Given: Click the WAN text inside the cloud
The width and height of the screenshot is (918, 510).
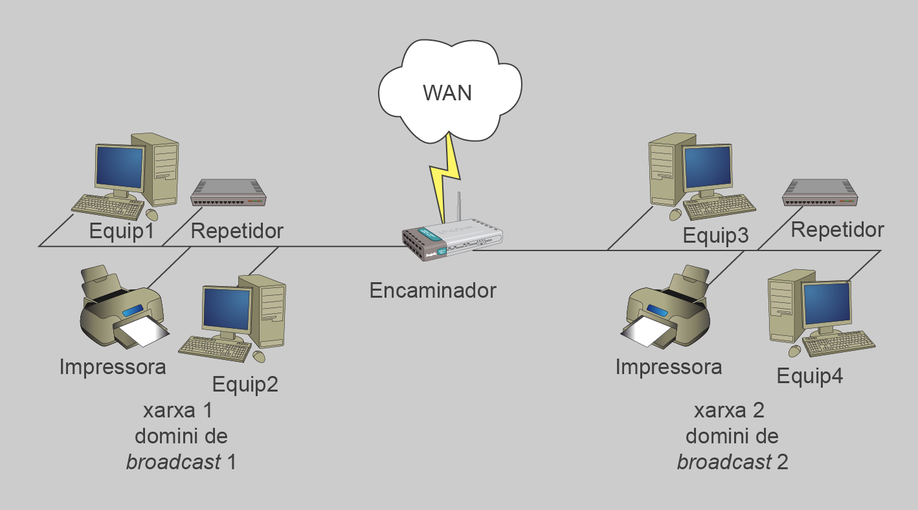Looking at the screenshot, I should tap(447, 93).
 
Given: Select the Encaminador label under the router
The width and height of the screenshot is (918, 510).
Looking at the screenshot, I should tap(432, 290).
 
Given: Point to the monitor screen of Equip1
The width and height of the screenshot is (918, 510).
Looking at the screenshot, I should tap(120, 168).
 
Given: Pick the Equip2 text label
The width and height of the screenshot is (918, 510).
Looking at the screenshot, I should tap(245, 384).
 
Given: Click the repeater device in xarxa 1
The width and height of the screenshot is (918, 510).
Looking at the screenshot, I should tap(229, 192).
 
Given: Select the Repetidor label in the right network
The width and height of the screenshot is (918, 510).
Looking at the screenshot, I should tap(837, 230).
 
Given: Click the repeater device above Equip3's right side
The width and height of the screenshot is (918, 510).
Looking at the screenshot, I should tap(820, 193).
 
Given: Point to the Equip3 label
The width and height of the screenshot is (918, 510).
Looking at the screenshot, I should tap(715, 236).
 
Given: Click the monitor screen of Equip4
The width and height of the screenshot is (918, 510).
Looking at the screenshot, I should tap(827, 304).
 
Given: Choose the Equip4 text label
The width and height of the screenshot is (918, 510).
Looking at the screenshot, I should tap(810, 377).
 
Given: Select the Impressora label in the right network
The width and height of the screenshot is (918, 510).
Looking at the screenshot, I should tap(668, 368).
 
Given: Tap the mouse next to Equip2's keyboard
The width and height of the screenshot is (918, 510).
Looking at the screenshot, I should tap(258, 357).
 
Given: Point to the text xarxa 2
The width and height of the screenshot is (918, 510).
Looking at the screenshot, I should tap(729, 410).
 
